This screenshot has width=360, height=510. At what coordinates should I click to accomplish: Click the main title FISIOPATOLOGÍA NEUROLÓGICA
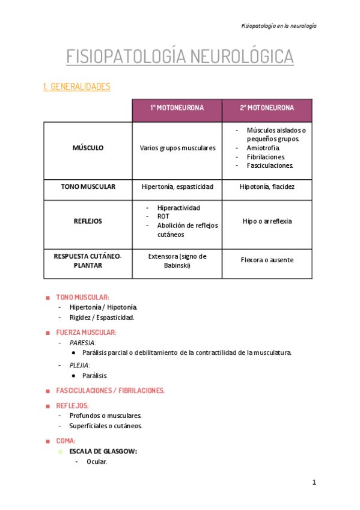180,57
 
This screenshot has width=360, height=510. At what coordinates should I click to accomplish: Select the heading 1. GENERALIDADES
77,87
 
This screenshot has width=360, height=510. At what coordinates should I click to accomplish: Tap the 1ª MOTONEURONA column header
177,108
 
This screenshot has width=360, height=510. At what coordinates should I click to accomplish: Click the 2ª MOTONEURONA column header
267,108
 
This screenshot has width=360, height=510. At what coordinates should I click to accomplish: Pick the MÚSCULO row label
88,148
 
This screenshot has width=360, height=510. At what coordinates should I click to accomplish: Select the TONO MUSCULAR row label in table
88,187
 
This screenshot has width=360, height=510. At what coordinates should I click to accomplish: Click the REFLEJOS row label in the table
88,221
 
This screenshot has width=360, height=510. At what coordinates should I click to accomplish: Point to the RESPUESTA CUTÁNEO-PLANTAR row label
88,260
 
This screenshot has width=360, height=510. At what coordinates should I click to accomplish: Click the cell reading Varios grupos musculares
177,148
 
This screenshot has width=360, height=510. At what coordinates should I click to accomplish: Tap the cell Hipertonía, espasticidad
177,187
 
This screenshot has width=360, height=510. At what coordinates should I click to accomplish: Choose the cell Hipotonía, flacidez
267,187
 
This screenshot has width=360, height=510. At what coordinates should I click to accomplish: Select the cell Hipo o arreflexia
267,221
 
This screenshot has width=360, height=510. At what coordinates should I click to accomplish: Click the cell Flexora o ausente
267,260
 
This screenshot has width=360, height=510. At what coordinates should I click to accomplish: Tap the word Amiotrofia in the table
263,147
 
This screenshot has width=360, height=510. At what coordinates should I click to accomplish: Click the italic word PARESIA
83,342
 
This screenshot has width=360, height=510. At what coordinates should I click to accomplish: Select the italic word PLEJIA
80,365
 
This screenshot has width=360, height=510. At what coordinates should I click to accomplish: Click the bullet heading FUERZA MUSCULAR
86,332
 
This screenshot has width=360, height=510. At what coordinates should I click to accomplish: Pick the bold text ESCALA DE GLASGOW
103,451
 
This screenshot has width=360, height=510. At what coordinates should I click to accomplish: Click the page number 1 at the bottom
314,483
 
